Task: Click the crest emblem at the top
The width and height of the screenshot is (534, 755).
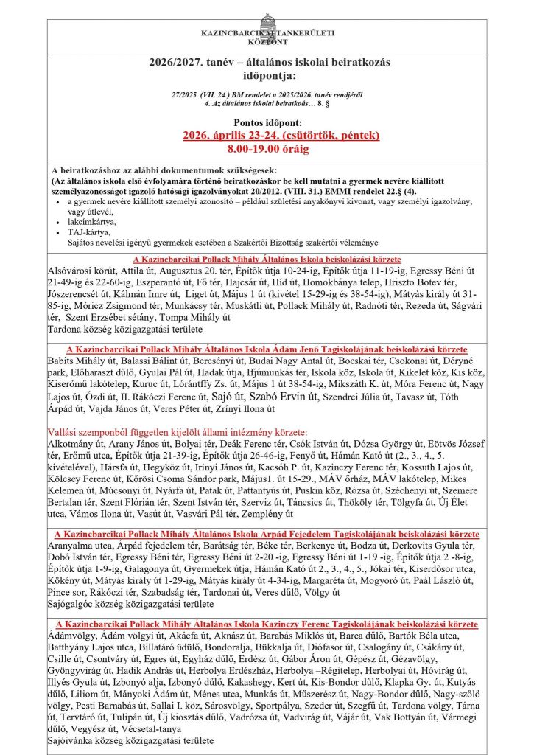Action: point(267,21)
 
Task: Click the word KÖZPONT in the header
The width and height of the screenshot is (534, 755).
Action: point(267,42)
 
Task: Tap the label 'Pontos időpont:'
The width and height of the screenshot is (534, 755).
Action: point(267,123)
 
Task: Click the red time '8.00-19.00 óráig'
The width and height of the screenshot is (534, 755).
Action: point(267,148)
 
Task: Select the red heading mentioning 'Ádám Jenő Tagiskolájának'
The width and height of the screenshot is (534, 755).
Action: point(267,349)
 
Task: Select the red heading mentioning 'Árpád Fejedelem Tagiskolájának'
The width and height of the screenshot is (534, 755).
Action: point(267,535)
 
